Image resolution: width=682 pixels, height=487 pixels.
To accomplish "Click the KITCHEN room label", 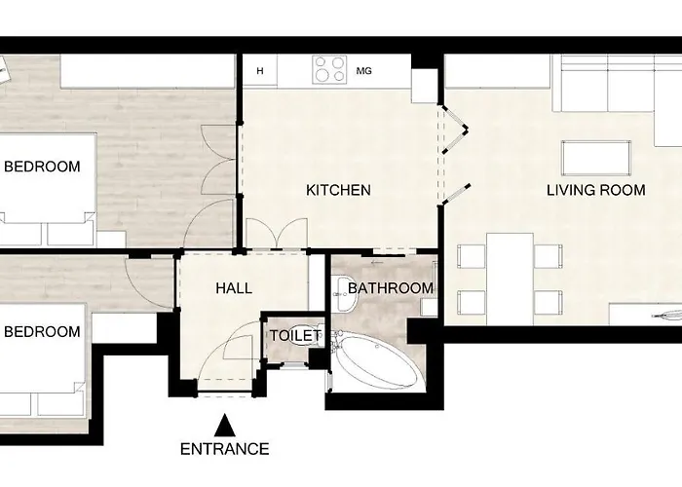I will (x=338, y=190).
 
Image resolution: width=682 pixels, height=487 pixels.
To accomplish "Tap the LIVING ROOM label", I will (x=595, y=190).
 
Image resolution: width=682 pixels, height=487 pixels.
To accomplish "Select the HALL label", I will (x=233, y=288).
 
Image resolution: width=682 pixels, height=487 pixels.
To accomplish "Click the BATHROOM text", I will (x=390, y=288).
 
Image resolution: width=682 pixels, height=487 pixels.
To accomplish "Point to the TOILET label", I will (x=295, y=335).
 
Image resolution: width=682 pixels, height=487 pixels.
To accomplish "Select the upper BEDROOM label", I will (x=41, y=167).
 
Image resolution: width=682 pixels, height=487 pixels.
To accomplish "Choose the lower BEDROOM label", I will (x=41, y=332).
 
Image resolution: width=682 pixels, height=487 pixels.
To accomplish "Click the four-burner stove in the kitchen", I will (x=329, y=69).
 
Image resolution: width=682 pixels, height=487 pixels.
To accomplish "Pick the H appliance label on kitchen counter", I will (x=260, y=70).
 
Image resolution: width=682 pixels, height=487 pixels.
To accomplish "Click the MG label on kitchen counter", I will (x=364, y=70).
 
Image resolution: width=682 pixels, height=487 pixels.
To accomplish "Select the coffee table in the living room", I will (x=595, y=156).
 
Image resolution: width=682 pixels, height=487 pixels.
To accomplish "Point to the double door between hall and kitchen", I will (x=273, y=236).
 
